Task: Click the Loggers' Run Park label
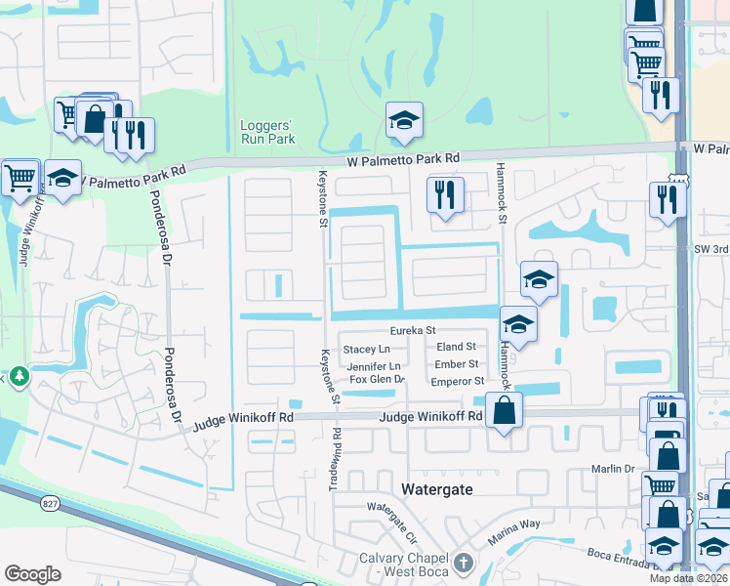tap(267, 132)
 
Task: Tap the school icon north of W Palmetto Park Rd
tap(404, 120)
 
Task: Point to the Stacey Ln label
tap(365, 349)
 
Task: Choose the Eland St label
tap(456, 347)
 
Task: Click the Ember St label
tap(456, 364)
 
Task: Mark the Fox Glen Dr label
tap(377, 379)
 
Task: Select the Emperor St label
tap(457, 381)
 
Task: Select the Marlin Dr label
tap(613, 469)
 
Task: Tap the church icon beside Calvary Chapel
tap(463, 564)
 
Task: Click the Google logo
tap(32, 574)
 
